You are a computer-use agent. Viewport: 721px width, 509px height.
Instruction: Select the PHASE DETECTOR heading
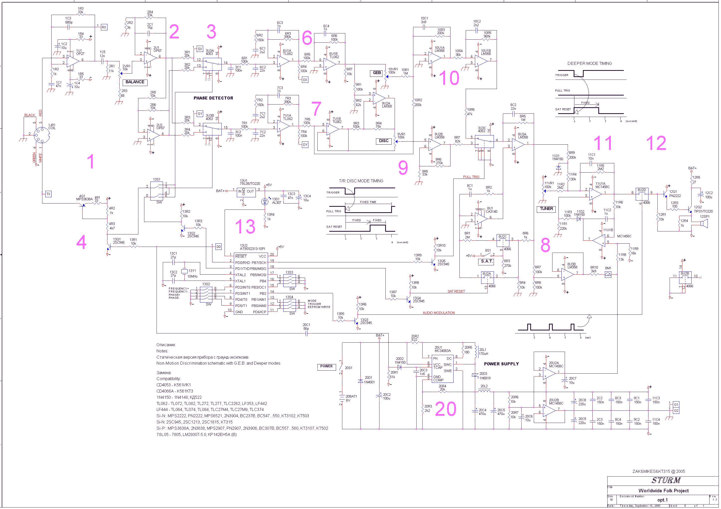(x=214, y=98)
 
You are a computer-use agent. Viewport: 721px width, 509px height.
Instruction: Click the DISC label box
(x=384, y=141)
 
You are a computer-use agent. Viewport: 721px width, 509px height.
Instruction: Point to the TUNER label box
(x=547, y=209)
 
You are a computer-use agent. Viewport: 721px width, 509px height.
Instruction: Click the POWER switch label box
(x=327, y=367)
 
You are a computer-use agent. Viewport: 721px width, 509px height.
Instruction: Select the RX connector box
(x=104, y=27)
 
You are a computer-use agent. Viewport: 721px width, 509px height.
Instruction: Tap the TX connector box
(x=48, y=194)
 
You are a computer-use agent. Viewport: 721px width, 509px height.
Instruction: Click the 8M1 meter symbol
(x=608, y=275)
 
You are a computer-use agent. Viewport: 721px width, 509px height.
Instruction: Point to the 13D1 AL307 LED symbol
(x=265, y=202)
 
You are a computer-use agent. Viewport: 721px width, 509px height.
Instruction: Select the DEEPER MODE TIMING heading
(x=590, y=63)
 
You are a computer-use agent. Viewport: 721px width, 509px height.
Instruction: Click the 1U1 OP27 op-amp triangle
(x=73, y=61)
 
